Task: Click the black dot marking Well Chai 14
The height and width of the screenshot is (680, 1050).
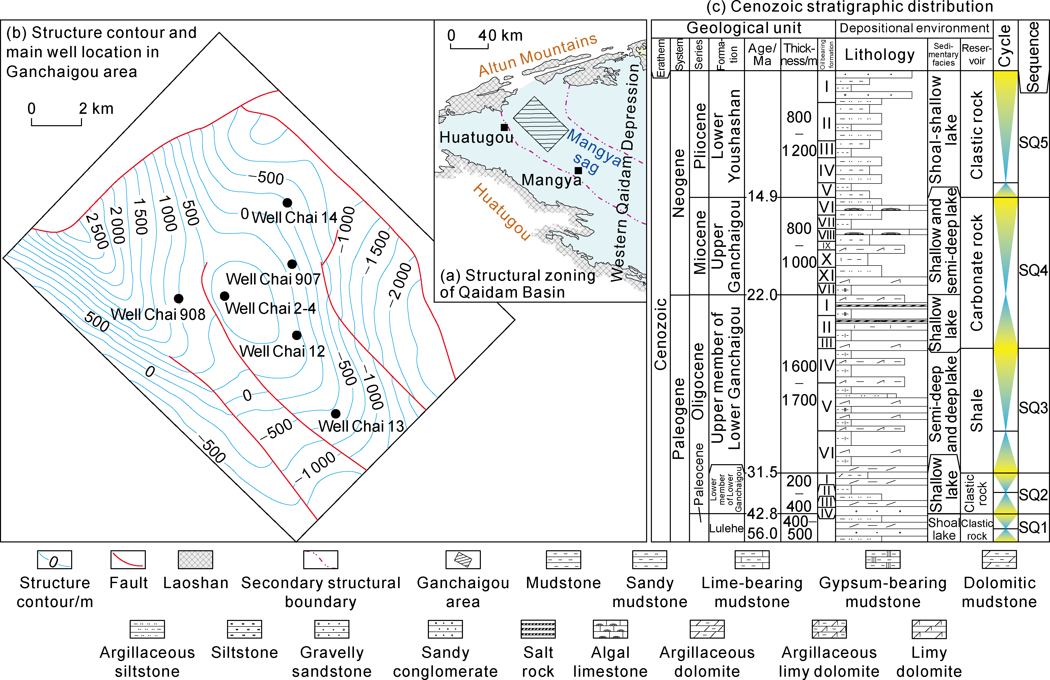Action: (287, 202)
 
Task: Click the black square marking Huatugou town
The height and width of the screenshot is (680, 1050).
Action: (504, 127)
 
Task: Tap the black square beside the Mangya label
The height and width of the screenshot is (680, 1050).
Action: (578, 170)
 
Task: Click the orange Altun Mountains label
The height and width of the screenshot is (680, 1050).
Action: (537, 55)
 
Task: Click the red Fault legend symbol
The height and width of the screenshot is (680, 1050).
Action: (128, 560)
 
